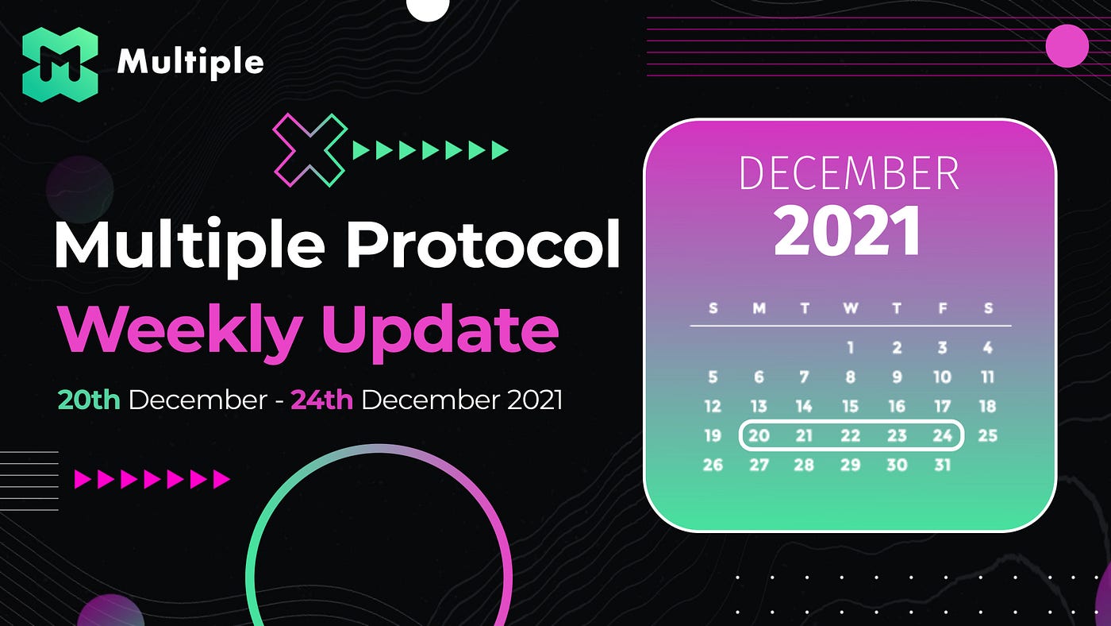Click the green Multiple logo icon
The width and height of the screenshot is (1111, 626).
tap(60, 64)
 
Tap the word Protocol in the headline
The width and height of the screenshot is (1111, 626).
tap(482, 244)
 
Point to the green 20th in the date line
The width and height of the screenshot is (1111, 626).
tap(89, 400)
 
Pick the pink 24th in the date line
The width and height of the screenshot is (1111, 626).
tap(321, 400)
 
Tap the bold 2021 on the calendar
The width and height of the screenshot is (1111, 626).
tap(848, 231)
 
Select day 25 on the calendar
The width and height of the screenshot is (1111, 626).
tap(987, 436)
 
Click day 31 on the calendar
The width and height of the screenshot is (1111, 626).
tap(943, 466)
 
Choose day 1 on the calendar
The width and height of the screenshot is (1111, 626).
tap(850, 347)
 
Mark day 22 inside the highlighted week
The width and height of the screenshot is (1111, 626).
tap(850, 436)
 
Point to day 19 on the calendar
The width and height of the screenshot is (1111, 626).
tap(713, 436)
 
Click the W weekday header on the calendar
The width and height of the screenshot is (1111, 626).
tap(851, 308)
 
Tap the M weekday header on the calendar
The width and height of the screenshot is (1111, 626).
tap(759, 308)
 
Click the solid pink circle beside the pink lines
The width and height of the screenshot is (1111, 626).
tap(1067, 45)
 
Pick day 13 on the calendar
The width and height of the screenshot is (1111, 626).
tap(759, 407)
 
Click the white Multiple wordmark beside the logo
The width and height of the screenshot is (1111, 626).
tap(190, 62)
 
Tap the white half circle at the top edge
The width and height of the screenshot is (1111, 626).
tap(428, 9)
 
